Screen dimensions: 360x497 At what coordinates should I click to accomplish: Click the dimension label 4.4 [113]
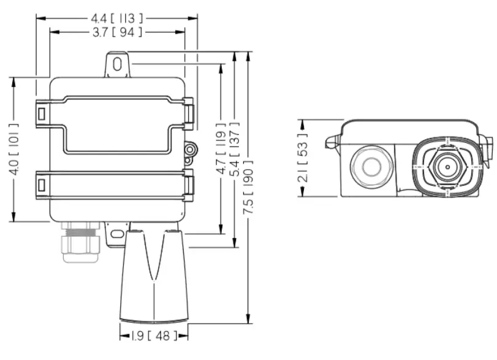117,18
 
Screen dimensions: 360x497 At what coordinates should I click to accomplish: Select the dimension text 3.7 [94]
117,33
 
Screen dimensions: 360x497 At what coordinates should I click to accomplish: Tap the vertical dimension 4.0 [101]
13,150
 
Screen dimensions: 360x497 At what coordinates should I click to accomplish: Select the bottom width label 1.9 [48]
153,335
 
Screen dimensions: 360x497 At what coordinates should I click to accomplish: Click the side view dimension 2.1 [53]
302,158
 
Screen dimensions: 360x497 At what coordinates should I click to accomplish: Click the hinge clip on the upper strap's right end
189,112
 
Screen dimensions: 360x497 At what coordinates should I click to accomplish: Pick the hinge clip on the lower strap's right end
189,184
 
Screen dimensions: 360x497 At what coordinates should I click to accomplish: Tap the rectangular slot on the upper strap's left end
42,113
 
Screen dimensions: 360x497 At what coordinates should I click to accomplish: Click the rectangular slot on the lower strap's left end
42,185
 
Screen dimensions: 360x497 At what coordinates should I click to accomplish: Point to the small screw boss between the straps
191,148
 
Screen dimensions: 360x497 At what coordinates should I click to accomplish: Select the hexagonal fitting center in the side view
446,166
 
